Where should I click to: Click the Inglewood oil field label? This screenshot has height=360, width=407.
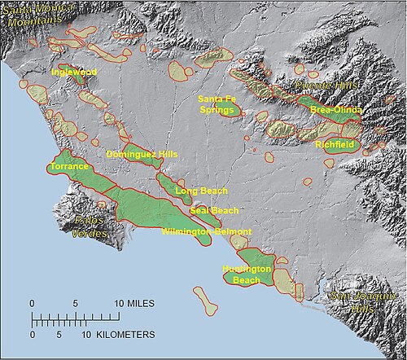74,72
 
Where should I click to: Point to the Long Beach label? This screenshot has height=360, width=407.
201,191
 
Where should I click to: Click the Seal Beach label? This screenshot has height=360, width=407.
214,210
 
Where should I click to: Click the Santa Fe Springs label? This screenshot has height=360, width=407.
217,104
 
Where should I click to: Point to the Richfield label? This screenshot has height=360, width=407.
337,143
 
